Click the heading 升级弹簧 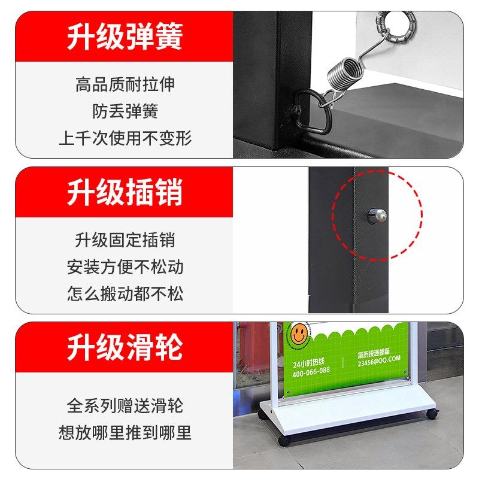pos(125,36)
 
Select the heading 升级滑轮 pos(125,347)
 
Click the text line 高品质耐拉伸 pos(125,84)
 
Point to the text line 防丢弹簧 pos(125,111)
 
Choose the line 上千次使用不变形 pos(125,138)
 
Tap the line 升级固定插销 pos(125,239)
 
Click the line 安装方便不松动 pos(125,266)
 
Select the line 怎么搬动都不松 pos(125,293)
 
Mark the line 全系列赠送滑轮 pos(125,405)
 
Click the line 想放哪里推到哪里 pos(125,432)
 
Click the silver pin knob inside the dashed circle pos(377,215)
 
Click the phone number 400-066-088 pos(311,370)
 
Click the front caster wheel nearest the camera pos(283,441)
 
